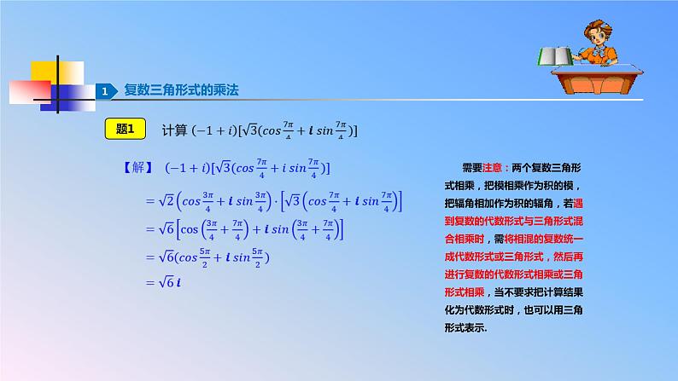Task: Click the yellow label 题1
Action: click(x=126, y=130)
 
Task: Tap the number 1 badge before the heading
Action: click(x=104, y=91)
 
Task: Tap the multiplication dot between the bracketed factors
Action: click(x=275, y=201)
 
